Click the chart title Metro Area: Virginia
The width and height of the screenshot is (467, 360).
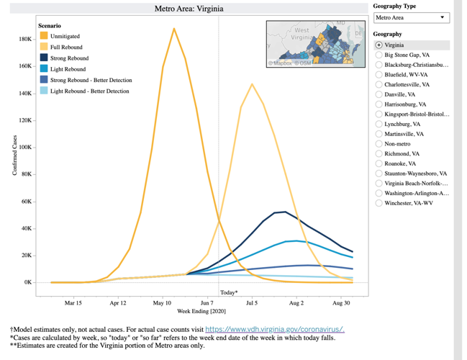coord(189,9)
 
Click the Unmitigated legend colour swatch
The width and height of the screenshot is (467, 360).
coord(44,36)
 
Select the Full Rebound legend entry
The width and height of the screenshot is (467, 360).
coord(65,47)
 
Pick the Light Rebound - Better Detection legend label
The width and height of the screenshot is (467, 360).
coord(90,91)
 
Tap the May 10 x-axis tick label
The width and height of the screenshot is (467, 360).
coord(163,302)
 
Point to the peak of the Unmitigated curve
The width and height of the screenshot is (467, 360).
coord(174,29)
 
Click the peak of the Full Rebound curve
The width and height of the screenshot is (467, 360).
coord(252,84)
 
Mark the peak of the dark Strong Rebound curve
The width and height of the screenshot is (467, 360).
coord(285,212)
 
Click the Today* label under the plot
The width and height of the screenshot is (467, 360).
coord(228,292)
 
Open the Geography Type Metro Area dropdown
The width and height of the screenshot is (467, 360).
coord(411,18)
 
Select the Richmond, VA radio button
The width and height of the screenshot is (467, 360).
coord(379,153)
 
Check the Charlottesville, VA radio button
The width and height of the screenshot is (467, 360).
coord(379,84)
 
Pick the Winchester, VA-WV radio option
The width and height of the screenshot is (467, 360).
coord(379,203)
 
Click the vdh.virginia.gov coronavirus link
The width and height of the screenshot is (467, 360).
coord(274,329)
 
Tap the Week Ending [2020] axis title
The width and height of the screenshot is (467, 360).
coord(201,311)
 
